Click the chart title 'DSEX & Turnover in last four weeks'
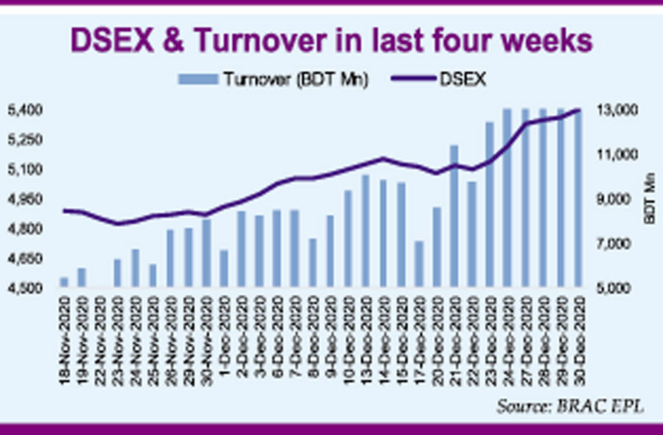click(331, 41)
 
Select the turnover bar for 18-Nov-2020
click(64, 282)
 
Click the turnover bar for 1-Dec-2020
click(224, 268)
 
